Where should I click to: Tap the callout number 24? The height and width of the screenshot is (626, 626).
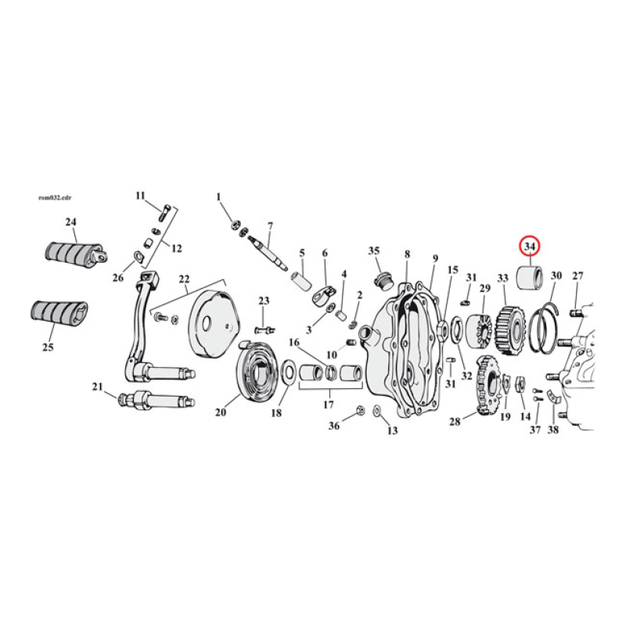[x=71, y=222]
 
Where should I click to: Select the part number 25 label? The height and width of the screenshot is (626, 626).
[x=49, y=347]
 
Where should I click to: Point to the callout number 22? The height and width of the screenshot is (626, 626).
[x=184, y=279]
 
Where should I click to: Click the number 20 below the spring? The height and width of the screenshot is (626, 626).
[x=221, y=412]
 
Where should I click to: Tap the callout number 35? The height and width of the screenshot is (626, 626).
[x=374, y=250]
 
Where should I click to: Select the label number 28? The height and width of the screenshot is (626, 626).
[x=455, y=422]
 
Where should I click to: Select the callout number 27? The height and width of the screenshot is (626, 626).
[x=577, y=275]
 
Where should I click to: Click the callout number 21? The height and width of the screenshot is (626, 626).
[x=97, y=387]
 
